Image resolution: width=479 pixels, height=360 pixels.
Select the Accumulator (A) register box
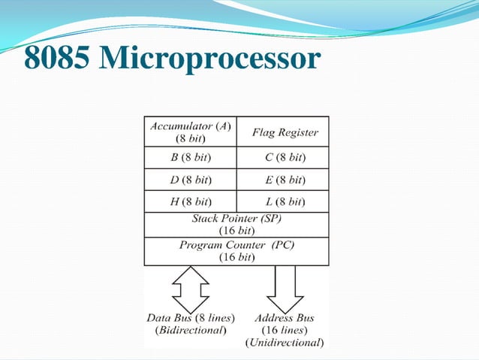190,132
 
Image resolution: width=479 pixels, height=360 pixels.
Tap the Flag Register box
284,132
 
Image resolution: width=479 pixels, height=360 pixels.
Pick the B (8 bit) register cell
190,158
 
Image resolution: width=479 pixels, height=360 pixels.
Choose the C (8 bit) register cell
284,158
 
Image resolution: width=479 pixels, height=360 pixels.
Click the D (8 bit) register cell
190,180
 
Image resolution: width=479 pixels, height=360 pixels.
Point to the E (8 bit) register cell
284,180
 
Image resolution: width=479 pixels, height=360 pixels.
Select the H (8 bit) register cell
190,201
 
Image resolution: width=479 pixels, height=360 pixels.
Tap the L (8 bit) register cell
284,201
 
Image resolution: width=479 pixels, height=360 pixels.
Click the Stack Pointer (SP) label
236,219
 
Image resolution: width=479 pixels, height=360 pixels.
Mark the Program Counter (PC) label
236,245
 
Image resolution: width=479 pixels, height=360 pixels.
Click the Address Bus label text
285,317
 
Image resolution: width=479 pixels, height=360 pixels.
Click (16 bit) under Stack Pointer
236,231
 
